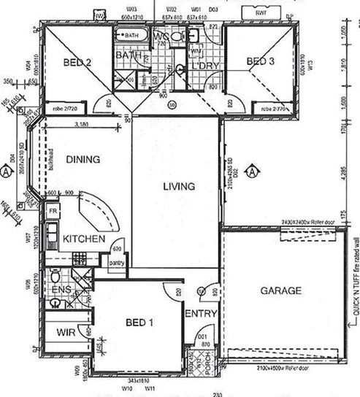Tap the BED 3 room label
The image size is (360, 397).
tap(261, 62)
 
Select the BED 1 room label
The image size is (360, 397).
tap(139, 322)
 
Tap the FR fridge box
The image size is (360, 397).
tap(53, 211)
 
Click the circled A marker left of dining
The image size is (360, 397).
tap(6, 172)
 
